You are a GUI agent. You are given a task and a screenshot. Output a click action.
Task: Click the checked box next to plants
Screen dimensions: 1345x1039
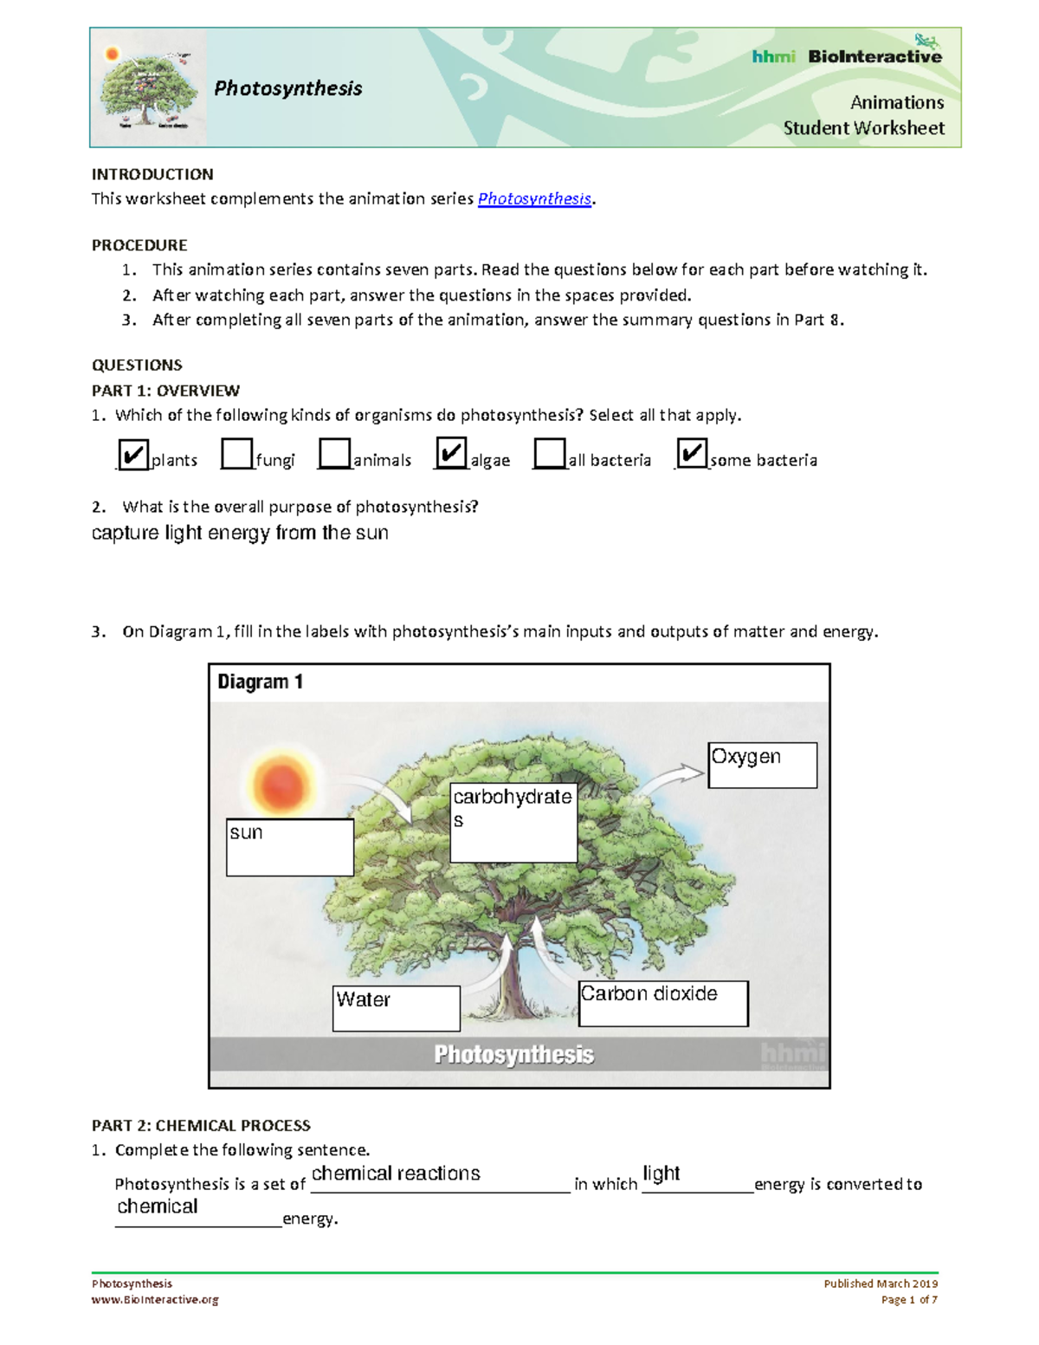(132, 455)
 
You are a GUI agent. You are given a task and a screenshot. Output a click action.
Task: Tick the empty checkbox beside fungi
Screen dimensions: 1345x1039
(236, 454)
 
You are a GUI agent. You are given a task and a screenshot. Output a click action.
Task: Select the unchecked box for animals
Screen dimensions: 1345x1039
(334, 454)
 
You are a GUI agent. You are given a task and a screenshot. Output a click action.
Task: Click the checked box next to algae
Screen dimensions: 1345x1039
(451, 453)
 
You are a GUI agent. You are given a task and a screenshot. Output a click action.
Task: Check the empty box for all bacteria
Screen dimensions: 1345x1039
(549, 454)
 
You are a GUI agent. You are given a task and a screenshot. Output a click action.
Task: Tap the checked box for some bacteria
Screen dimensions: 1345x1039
(692, 453)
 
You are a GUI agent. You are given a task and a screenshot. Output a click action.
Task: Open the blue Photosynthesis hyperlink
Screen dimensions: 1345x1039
(534, 199)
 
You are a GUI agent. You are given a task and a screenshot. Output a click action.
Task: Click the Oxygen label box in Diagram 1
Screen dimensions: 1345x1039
(762, 765)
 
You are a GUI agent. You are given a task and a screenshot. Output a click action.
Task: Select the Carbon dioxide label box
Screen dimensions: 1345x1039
(662, 1003)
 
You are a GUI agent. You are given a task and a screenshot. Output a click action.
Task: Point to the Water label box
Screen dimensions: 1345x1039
(396, 1008)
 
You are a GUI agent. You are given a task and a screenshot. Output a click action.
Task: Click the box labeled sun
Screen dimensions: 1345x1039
(290, 847)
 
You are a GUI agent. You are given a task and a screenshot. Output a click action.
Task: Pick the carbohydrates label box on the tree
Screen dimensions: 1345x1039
(513, 823)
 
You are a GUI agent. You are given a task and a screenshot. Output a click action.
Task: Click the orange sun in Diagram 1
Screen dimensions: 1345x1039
(281, 784)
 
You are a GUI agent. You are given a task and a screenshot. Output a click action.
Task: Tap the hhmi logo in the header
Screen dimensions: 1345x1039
(773, 57)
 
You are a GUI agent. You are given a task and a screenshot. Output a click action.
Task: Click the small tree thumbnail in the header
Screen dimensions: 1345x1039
(148, 88)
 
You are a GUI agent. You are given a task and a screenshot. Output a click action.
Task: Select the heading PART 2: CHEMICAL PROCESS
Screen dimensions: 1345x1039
(201, 1126)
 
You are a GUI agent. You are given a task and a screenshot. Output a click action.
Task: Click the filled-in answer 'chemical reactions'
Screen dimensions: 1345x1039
(396, 1174)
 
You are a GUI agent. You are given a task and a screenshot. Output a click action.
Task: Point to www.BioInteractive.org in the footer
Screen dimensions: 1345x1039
(155, 1299)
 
